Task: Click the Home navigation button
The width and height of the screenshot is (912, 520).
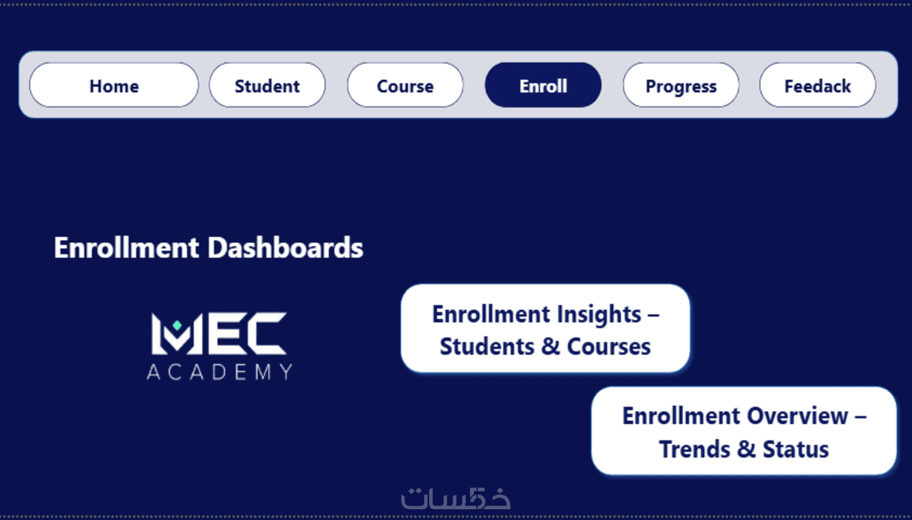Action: (114, 85)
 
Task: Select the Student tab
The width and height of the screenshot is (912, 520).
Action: (267, 85)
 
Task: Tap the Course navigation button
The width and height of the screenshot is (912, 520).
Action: (405, 85)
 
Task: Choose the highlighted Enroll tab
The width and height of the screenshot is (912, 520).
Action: (543, 85)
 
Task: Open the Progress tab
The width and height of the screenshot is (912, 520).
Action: (681, 85)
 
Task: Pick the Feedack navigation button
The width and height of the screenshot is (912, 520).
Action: (818, 85)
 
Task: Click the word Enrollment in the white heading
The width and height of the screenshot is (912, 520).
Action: (127, 247)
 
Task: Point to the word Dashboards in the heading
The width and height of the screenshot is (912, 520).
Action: (285, 247)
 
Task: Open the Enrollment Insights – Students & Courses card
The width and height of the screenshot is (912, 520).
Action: (545, 329)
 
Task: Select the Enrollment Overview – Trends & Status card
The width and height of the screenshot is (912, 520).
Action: (744, 431)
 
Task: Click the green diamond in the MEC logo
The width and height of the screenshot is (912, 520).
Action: (177, 325)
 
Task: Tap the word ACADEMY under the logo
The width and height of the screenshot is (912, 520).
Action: (219, 372)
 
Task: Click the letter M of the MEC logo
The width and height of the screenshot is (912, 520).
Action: (176, 333)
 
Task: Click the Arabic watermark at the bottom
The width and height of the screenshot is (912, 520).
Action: (456, 498)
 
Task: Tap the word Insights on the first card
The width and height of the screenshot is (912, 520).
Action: (599, 315)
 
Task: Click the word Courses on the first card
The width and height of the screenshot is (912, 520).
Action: (609, 347)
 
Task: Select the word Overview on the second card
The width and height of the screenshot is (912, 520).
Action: (798, 416)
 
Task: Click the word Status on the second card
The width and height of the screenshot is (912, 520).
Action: (796, 449)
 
